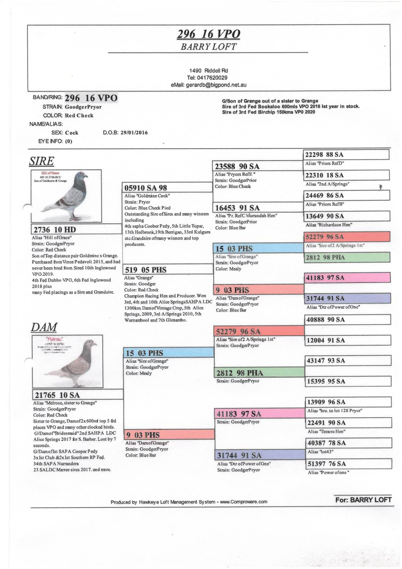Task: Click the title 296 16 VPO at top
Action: [x=208, y=34]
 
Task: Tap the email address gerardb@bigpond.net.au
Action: [x=208, y=85]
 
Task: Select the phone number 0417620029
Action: [x=207, y=78]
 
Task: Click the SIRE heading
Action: [x=41, y=161]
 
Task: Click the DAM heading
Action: [x=44, y=327]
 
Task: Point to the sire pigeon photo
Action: [x=66, y=196]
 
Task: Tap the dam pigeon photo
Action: [x=67, y=361]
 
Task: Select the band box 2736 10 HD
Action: [x=76, y=229]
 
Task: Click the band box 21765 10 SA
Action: [x=78, y=395]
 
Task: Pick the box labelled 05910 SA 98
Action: [x=167, y=188]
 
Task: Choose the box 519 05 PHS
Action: [x=168, y=270]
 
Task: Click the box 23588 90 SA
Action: [x=258, y=166]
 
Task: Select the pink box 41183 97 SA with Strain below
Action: [x=259, y=414]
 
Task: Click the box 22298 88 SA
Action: [x=346, y=155]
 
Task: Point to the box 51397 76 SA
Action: [x=349, y=464]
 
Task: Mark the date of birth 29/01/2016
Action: [x=134, y=133]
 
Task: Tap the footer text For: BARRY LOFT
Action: [x=363, y=500]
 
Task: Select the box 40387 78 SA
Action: [x=349, y=443]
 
